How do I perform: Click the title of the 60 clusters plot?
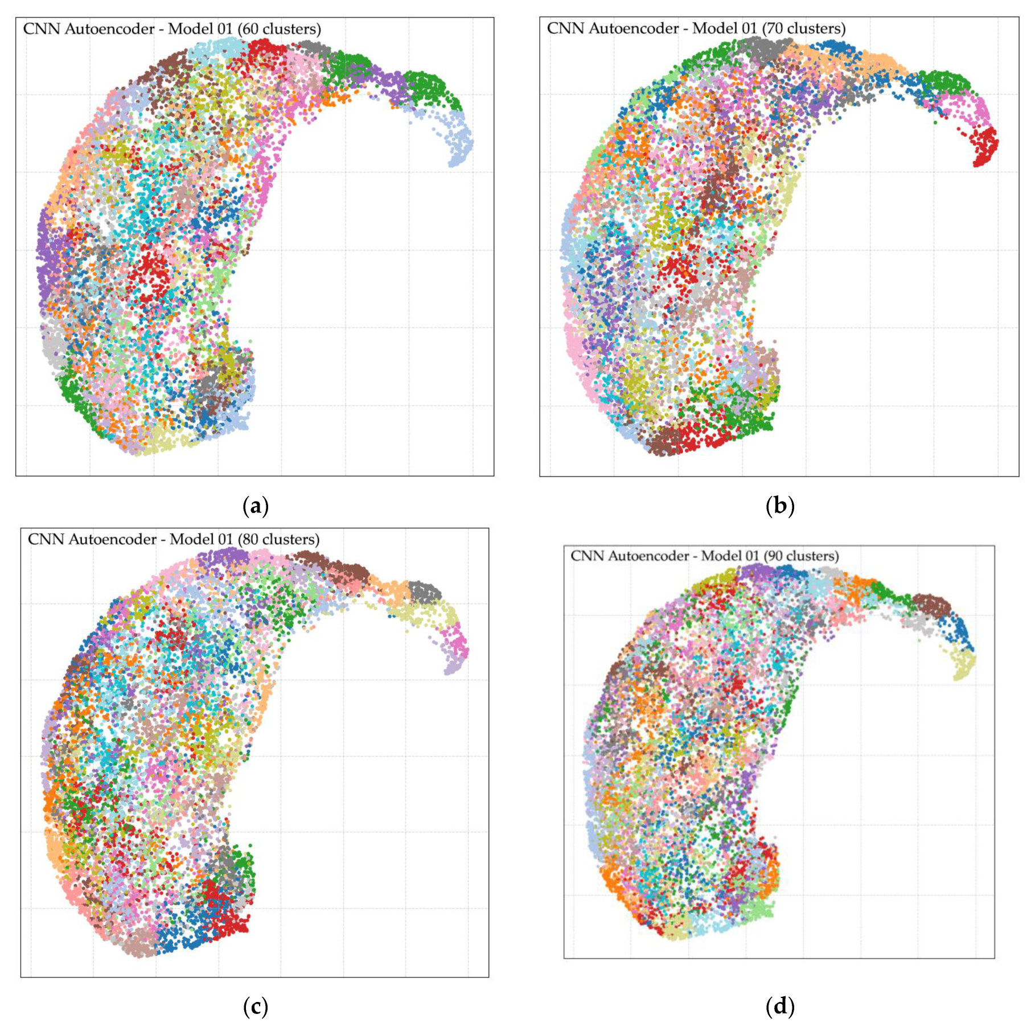pyautogui.click(x=172, y=29)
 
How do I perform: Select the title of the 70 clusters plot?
pyautogui.click(x=696, y=28)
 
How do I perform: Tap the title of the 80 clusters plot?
pyautogui.click(x=174, y=539)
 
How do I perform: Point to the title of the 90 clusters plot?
pyautogui.click(x=704, y=556)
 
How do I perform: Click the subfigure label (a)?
pyautogui.click(x=255, y=506)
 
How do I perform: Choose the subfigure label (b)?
pyautogui.click(x=779, y=506)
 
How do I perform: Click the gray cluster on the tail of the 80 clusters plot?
pyautogui.click(x=424, y=591)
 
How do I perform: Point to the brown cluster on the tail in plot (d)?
pyautogui.click(x=931, y=605)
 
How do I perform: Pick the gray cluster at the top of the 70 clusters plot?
pyautogui.click(x=766, y=48)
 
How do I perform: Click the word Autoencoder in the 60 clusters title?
pyautogui.click(x=109, y=29)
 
